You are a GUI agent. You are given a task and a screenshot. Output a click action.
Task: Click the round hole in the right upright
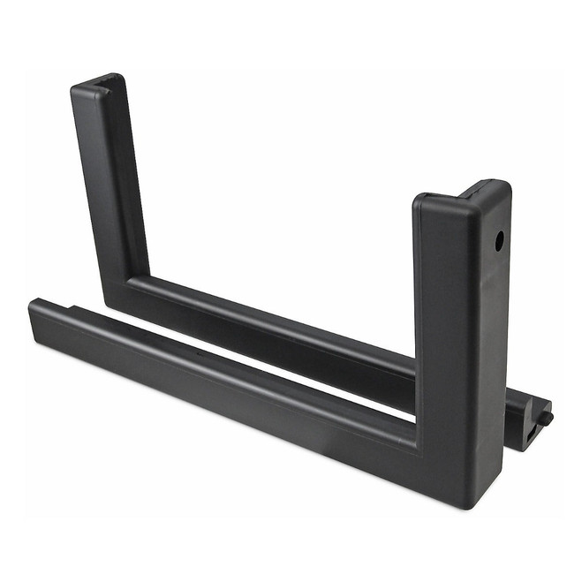point(499,239)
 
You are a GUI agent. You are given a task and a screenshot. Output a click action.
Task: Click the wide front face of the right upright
point(446,336)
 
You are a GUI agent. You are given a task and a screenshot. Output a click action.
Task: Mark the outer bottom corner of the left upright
point(106,305)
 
